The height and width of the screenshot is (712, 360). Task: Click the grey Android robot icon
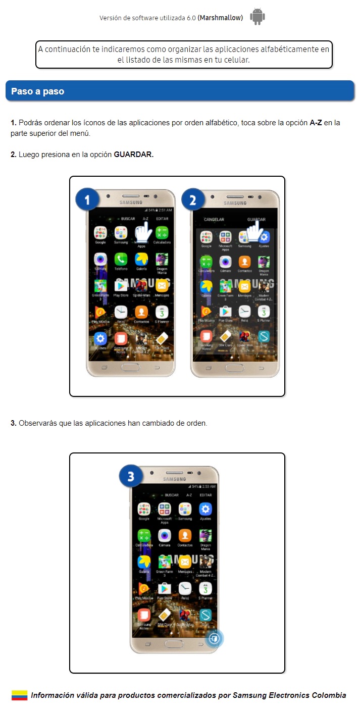258,17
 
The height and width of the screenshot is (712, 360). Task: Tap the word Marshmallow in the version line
220,18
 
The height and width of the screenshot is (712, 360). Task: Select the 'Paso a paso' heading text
37,92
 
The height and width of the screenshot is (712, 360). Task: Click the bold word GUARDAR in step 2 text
133,155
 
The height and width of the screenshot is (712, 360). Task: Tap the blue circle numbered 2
192,200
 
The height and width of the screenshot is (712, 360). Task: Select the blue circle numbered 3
131,477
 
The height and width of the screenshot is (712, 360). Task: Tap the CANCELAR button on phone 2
214,220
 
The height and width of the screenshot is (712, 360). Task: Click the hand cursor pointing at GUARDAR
258,233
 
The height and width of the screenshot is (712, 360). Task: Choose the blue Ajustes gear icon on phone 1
100,338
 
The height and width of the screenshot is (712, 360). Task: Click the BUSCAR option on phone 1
128,219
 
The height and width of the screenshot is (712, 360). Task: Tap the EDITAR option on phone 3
205,495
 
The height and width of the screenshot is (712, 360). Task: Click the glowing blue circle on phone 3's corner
215,638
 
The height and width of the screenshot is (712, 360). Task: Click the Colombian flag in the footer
19,695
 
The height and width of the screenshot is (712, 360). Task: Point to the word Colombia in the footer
329,695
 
